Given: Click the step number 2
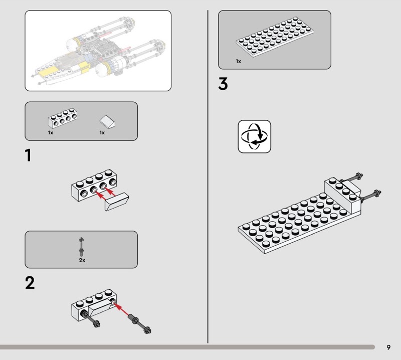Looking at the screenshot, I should point(30,283).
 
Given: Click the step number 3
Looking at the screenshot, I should point(223,84).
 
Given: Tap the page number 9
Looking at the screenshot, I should point(388,347).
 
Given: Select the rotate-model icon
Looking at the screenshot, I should point(254,136).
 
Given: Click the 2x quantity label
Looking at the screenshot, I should point(82,260).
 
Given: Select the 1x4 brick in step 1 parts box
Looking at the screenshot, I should point(63,118).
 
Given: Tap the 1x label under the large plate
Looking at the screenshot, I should point(238,61).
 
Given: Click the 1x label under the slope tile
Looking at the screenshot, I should point(102,133).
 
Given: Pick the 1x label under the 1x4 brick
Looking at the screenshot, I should point(51,133).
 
